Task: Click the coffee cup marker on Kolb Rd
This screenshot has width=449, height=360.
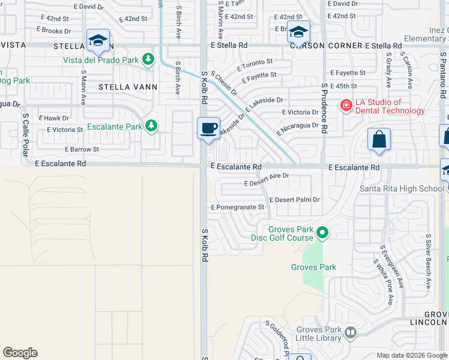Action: (x=208, y=128)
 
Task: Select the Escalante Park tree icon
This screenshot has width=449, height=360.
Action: (x=152, y=126)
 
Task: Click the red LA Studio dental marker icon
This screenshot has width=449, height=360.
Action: (x=346, y=106)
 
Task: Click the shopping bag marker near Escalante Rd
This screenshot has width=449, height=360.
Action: (x=379, y=139)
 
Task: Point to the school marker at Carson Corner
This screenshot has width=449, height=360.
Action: (x=298, y=31)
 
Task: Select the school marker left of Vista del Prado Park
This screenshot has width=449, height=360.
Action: (x=98, y=40)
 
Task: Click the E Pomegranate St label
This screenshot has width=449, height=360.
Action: (x=237, y=208)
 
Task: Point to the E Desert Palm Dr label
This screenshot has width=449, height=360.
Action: (x=294, y=200)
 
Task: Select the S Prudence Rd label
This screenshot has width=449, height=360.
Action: (x=324, y=108)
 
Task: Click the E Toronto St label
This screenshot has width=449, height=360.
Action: (x=255, y=62)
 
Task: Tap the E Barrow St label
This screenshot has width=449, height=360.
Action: (x=82, y=149)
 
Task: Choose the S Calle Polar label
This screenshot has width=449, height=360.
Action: (x=26, y=134)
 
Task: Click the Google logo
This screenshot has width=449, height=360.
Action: (x=20, y=353)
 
